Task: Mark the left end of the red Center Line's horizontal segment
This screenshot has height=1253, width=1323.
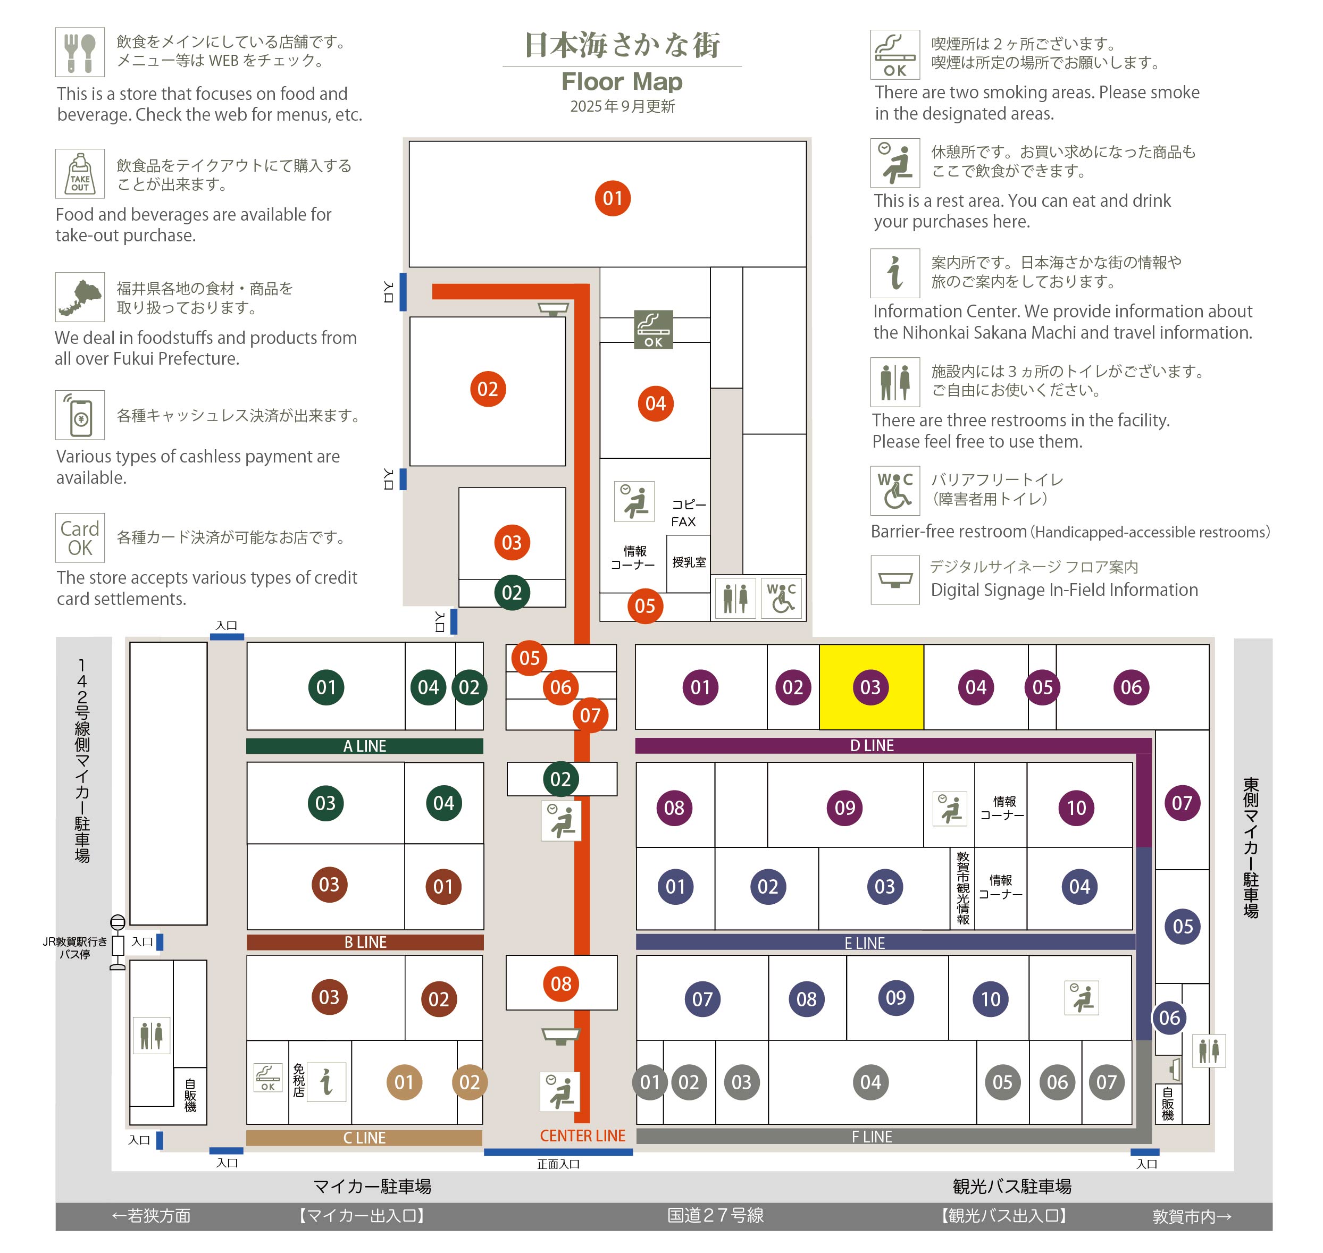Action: tap(433, 291)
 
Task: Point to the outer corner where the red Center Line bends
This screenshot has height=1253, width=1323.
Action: tap(589, 284)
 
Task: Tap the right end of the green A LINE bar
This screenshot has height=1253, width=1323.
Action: tap(482, 746)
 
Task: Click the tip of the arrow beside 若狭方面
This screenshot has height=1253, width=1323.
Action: tap(112, 1216)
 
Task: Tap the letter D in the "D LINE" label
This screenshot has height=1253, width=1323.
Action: tap(855, 745)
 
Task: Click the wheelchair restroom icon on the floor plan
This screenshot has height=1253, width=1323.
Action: tap(781, 598)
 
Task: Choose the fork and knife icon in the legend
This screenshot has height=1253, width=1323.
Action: tap(80, 52)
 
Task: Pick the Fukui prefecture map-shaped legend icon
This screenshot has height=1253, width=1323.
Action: tap(80, 297)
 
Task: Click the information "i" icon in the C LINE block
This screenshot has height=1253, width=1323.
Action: tap(326, 1082)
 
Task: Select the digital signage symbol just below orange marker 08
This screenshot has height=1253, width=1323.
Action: tap(560, 1036)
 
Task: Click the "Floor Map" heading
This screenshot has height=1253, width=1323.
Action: tap(622, 81)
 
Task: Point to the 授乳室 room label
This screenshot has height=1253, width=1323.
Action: tap(689, 562)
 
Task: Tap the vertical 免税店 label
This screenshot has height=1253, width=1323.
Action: tap(299, 1081)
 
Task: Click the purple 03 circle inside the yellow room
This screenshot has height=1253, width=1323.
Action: tap(870, 687)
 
